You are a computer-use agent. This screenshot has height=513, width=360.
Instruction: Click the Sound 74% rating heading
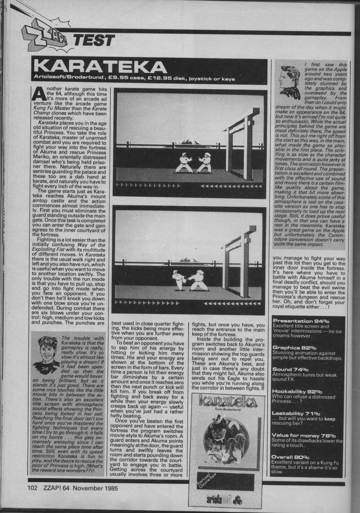tap(292, 369)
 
